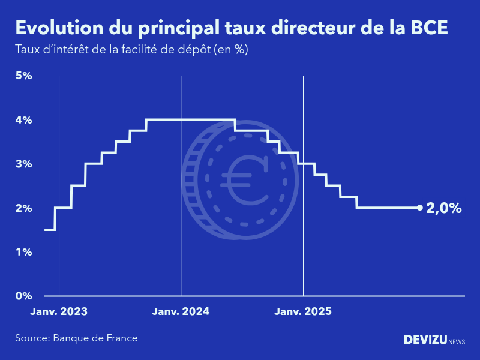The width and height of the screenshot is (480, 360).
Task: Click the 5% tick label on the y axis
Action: (x=23, y=76)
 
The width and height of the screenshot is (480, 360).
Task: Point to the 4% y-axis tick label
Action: (x=23, y=120)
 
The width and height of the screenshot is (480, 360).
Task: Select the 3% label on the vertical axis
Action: (x=23, y=164)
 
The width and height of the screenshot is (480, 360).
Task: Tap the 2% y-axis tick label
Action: (x=23, y=208)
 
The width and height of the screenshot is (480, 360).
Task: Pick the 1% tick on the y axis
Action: (x=23, y=252)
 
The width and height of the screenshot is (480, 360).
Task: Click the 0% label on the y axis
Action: (x=23, y=296)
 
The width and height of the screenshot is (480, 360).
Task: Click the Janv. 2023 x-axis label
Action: (x=59, y=312)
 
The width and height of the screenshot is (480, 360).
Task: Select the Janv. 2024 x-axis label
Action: (x=181, y=312)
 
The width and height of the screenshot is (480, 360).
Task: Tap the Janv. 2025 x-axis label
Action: (x=303, y=312)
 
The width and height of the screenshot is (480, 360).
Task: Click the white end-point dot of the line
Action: (x=419, y=208)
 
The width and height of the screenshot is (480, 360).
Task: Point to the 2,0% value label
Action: (x=443, y=209)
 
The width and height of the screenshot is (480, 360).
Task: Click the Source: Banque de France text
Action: (x=76, y=338)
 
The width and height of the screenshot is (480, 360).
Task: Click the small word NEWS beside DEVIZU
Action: (x=456, y=341)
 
